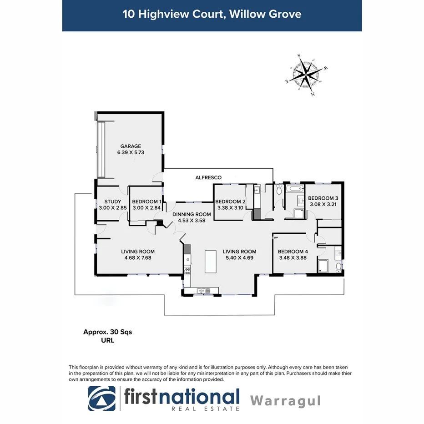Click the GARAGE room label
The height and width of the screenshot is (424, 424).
click(x=131, y=146)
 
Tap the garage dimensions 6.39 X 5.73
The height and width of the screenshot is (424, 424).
click(x=131, y=153)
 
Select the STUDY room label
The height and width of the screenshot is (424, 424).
click(x=112, y=202)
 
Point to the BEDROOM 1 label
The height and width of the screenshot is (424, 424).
click(x=146, y=202)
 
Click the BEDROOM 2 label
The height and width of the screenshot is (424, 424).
click(x=230, y=202)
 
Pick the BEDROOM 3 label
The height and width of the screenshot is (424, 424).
click(x=323, y=198)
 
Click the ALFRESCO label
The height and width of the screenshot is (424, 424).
click(x=208, y=177)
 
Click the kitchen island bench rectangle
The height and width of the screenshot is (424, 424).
click(x=210, y=261)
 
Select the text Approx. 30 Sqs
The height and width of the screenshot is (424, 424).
click(x=107, y=332)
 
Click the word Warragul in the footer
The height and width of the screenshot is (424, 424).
click(x=286, y=401)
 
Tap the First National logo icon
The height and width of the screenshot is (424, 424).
click(x=102, y=399)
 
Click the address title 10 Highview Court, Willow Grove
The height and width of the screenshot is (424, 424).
click(x=212, y=14)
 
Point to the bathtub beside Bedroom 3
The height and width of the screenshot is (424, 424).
click(x=295, y=187)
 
